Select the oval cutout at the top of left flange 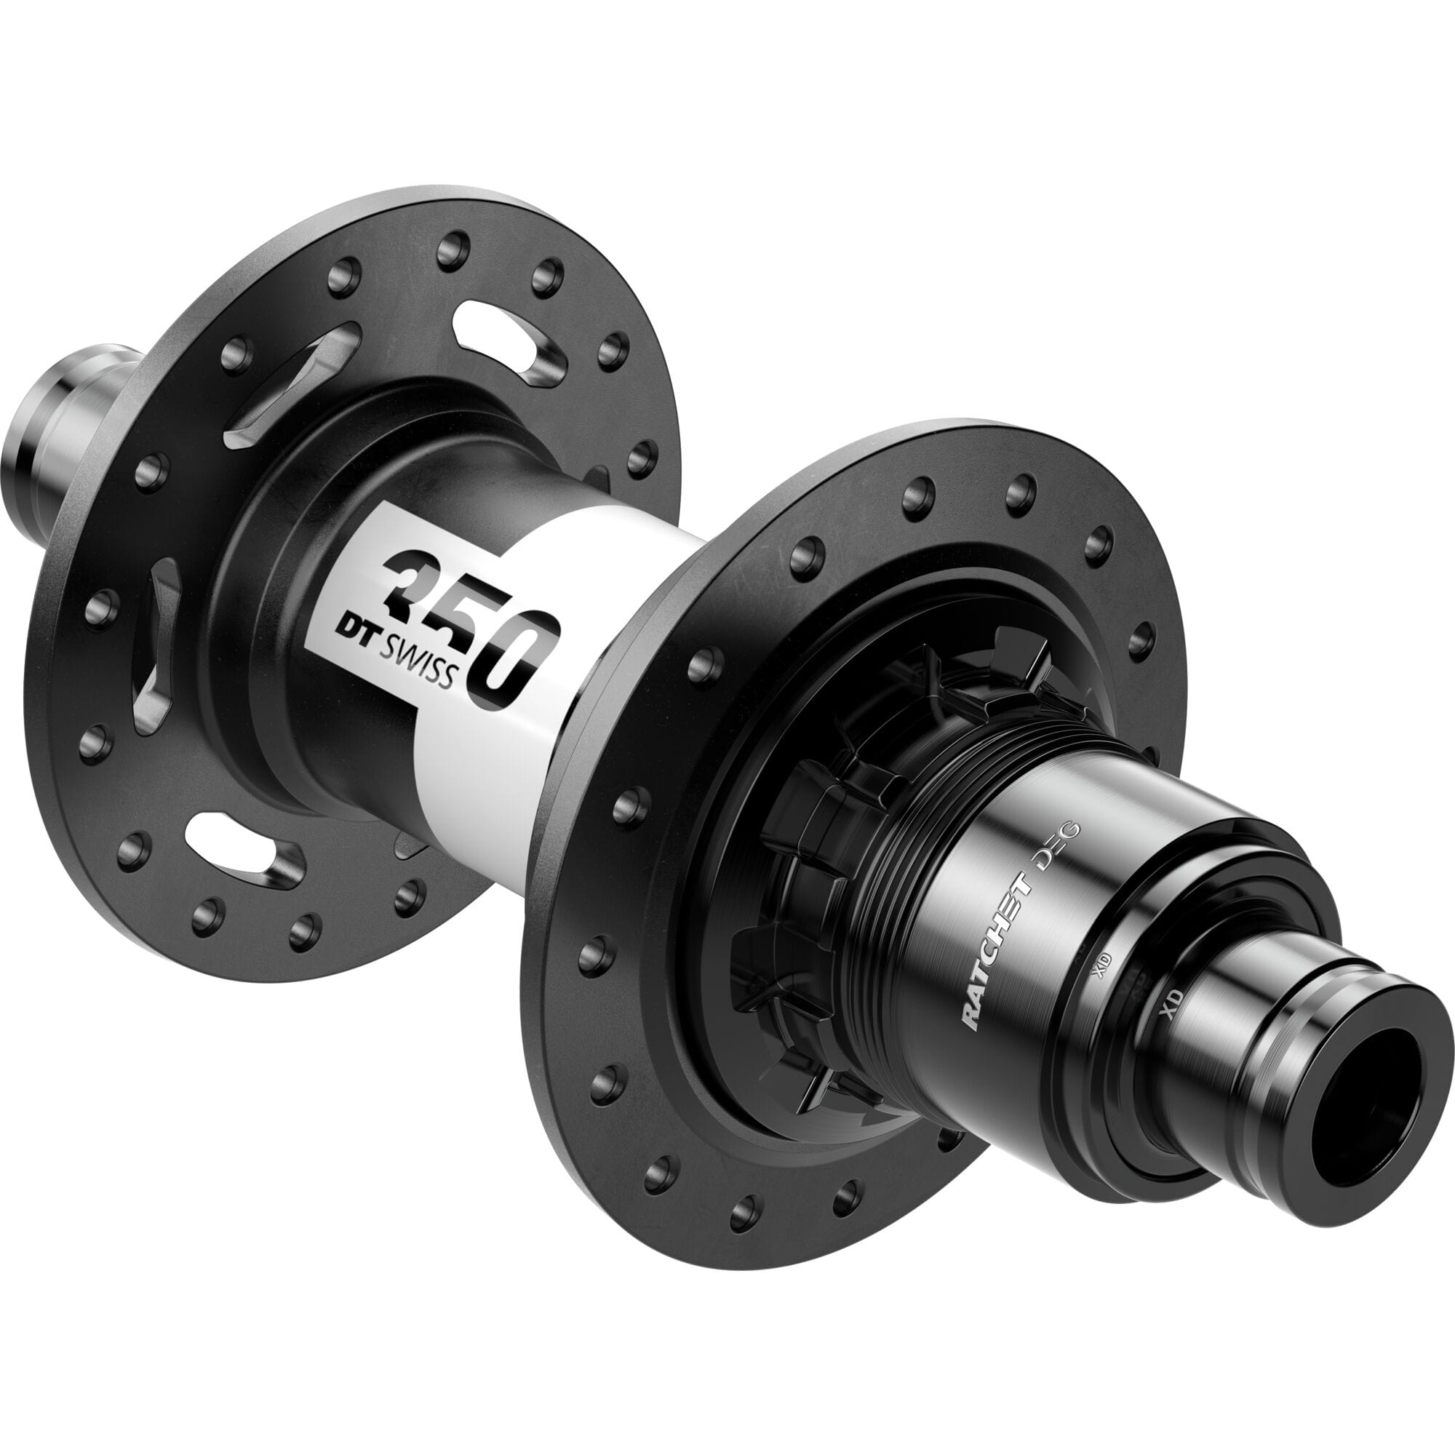pyautogui.click(x=506, y=343)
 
